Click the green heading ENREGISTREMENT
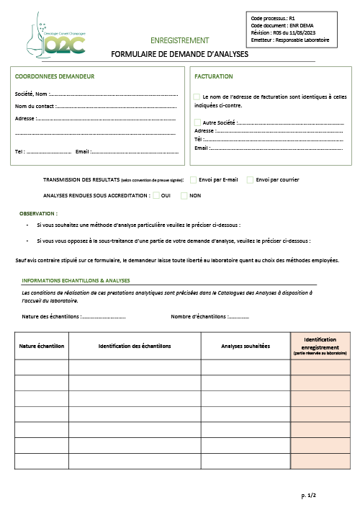[x=180, y=40]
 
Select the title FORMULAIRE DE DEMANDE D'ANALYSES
[x=179, y=54]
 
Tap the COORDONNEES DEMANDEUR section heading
[x=55, y=76]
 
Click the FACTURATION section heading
[x=214, y=76]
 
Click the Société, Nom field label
[x=31, y=94]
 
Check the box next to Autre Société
[x=198, y=122]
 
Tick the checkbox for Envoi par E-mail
[x=193, y=179]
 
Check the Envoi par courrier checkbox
[x=250, y=179]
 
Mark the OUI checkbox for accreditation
[x=156, y=195]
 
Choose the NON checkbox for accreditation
[x=184, y=195]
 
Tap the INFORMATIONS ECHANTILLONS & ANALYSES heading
[x=76, y=280]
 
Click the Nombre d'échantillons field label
[x=199, y=316]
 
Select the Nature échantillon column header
[x=42, y=346]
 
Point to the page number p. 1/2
[x=308, y=496]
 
